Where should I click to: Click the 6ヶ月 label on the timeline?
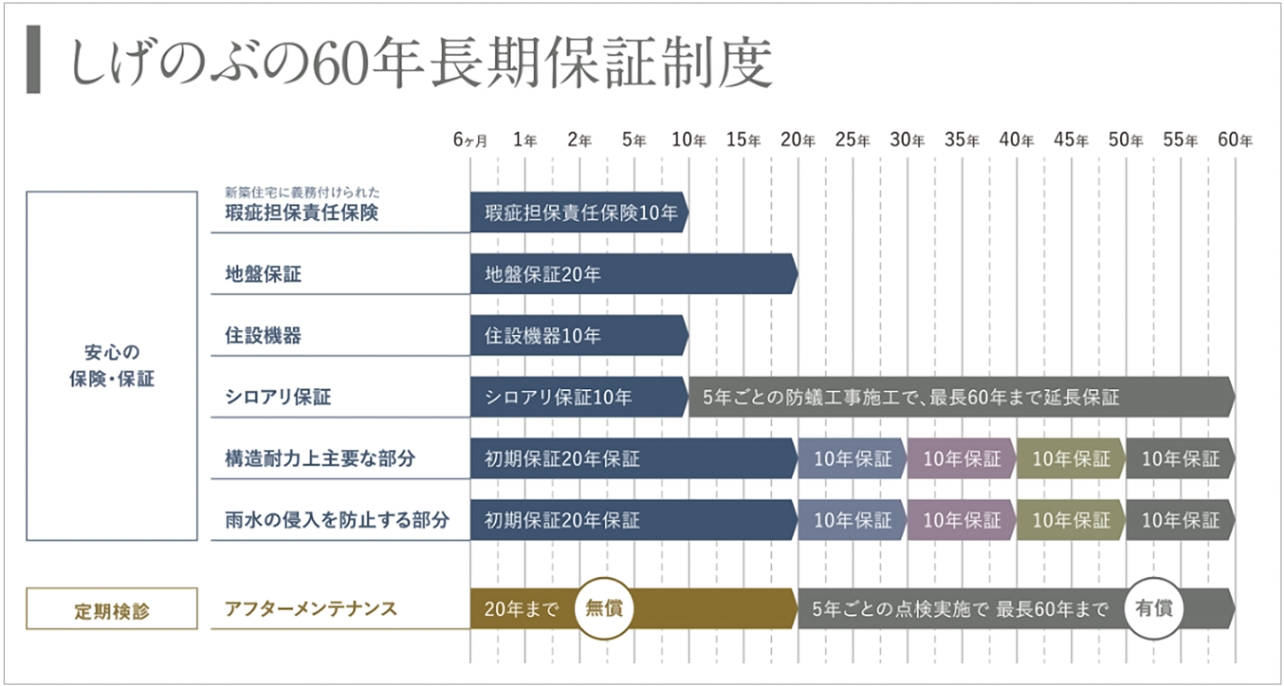[x=470, y=140]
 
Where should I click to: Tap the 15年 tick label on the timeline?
[x=744, y=140]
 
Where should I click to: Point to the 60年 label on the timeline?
[x=1234, y=140]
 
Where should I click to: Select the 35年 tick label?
[x=962, y=140]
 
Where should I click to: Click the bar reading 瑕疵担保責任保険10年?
[x=579, y=213]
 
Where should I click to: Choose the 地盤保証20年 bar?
[x=633, y=274]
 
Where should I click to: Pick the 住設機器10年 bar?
[x=579, y=336]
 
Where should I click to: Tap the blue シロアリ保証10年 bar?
[x=579, y=397]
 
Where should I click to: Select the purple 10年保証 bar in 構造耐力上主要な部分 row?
[x=961, y=459]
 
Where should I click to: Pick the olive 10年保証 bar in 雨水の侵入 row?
[x=1071, y=520]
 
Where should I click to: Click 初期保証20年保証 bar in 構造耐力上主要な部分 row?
[x=633, y=459]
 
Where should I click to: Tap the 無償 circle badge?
[x=604, y=608]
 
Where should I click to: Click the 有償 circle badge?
[x=1154, y=608]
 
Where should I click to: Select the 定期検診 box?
[x=112, y=609]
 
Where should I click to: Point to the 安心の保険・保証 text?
[x=112, y=366]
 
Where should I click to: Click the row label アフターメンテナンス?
[x=311, y=609]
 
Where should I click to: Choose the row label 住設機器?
[x=263, y=336]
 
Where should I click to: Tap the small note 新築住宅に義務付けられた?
[x=302, y=192]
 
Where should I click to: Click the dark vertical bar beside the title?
[x=33, y=60]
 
